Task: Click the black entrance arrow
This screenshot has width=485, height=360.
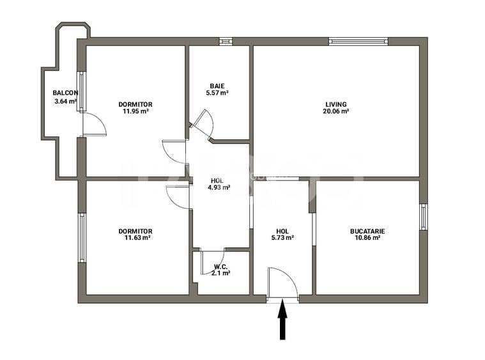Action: [x=282, y=321]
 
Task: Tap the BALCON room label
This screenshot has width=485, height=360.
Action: [x=65, y=93]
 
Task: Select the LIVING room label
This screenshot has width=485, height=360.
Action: [x=335, y=104]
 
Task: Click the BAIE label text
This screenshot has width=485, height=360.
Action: [x=217, y=86]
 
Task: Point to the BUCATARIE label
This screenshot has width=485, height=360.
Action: [x=367, y=231]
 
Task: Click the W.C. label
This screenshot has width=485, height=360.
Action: [x=221, y=266]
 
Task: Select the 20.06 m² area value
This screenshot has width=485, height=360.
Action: [x=336, y=111]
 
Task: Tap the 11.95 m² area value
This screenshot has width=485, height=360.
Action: [x=135, y=111]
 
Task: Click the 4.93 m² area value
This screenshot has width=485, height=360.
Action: [x=218, y=187]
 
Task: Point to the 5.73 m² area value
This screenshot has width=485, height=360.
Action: [x=282, y=238]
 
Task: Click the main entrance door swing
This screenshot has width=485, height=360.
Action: [x=282, y=283]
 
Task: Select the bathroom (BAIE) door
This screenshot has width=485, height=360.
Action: [x=203, y=123]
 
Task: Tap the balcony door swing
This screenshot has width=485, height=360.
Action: [x=94, y=125]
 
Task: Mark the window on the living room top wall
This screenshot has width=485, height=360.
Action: [x=358, y=42]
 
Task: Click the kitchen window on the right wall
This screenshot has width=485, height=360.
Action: [x=424, y=217]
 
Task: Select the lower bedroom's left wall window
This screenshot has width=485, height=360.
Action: [x=81, y=238]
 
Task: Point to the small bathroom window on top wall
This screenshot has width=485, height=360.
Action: [x=226, y=42]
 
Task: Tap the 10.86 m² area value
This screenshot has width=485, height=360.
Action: [x=367, y=238]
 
